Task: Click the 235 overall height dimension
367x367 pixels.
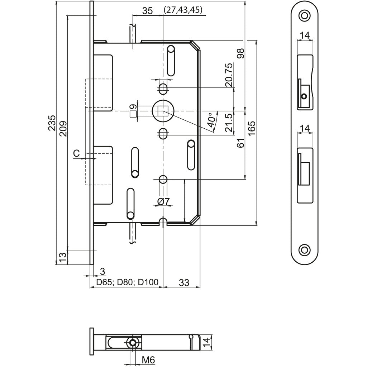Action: coord(52,123)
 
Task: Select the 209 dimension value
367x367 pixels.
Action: coord(63,129)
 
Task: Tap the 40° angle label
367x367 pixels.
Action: coord(211,120)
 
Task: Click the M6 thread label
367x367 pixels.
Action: coord(148,360)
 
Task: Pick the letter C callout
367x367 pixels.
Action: coord(77,153)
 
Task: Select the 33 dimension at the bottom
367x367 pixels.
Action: coord(184,282)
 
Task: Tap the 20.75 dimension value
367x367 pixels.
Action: coord(230,75)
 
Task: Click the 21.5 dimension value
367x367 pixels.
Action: coord(230,123)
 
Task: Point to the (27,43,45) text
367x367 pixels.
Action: coord(183,10)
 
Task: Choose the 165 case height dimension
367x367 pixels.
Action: coord(252,128)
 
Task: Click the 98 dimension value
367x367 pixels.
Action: coord(240,53)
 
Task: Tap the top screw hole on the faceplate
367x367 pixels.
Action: coord(304,16)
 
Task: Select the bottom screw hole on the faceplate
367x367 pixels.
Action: coord(304,250)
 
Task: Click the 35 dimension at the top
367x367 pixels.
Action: coord(147,11)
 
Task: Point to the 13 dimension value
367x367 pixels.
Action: coord(62,258)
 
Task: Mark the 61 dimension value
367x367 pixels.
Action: coord(240,143)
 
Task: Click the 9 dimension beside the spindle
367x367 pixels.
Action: coord(133,106)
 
